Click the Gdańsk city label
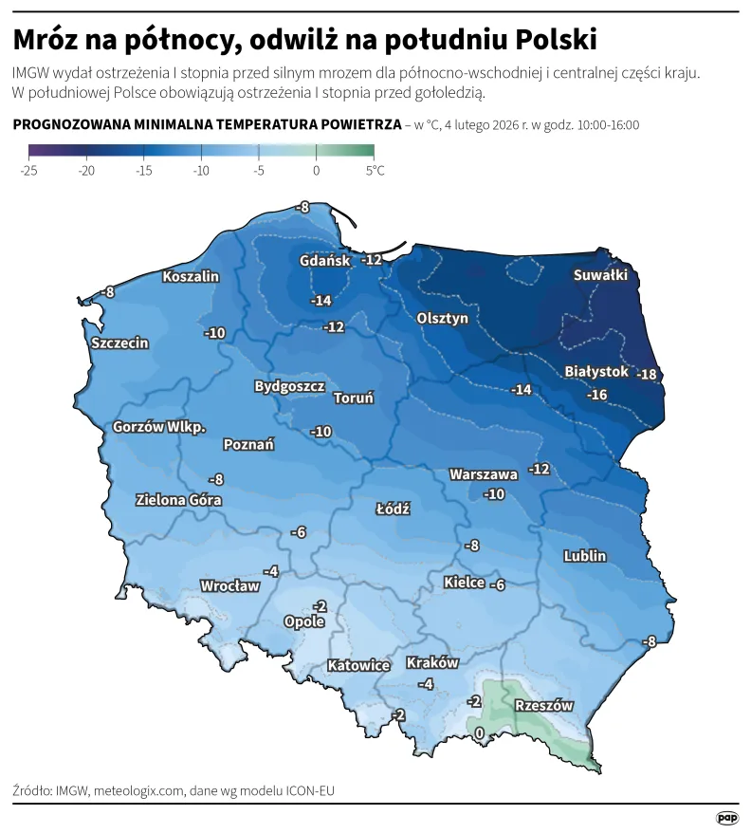(324, 260)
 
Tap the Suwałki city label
(600, 275)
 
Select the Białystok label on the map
(596, 371)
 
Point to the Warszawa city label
(484, 473)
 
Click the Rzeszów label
(543, 705)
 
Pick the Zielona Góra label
(179, 499)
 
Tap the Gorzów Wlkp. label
(159, 427)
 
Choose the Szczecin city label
(119, 343)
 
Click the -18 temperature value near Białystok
(647, 374)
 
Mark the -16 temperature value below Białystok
(596, 394)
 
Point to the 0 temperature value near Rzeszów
(479, 732)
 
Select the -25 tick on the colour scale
(28, 171)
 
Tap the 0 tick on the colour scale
(316, 171)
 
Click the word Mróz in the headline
(47, 39)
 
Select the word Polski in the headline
(557, 39)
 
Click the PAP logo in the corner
(726, 817)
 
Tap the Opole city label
(304, 621)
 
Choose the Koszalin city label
(191, 276)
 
